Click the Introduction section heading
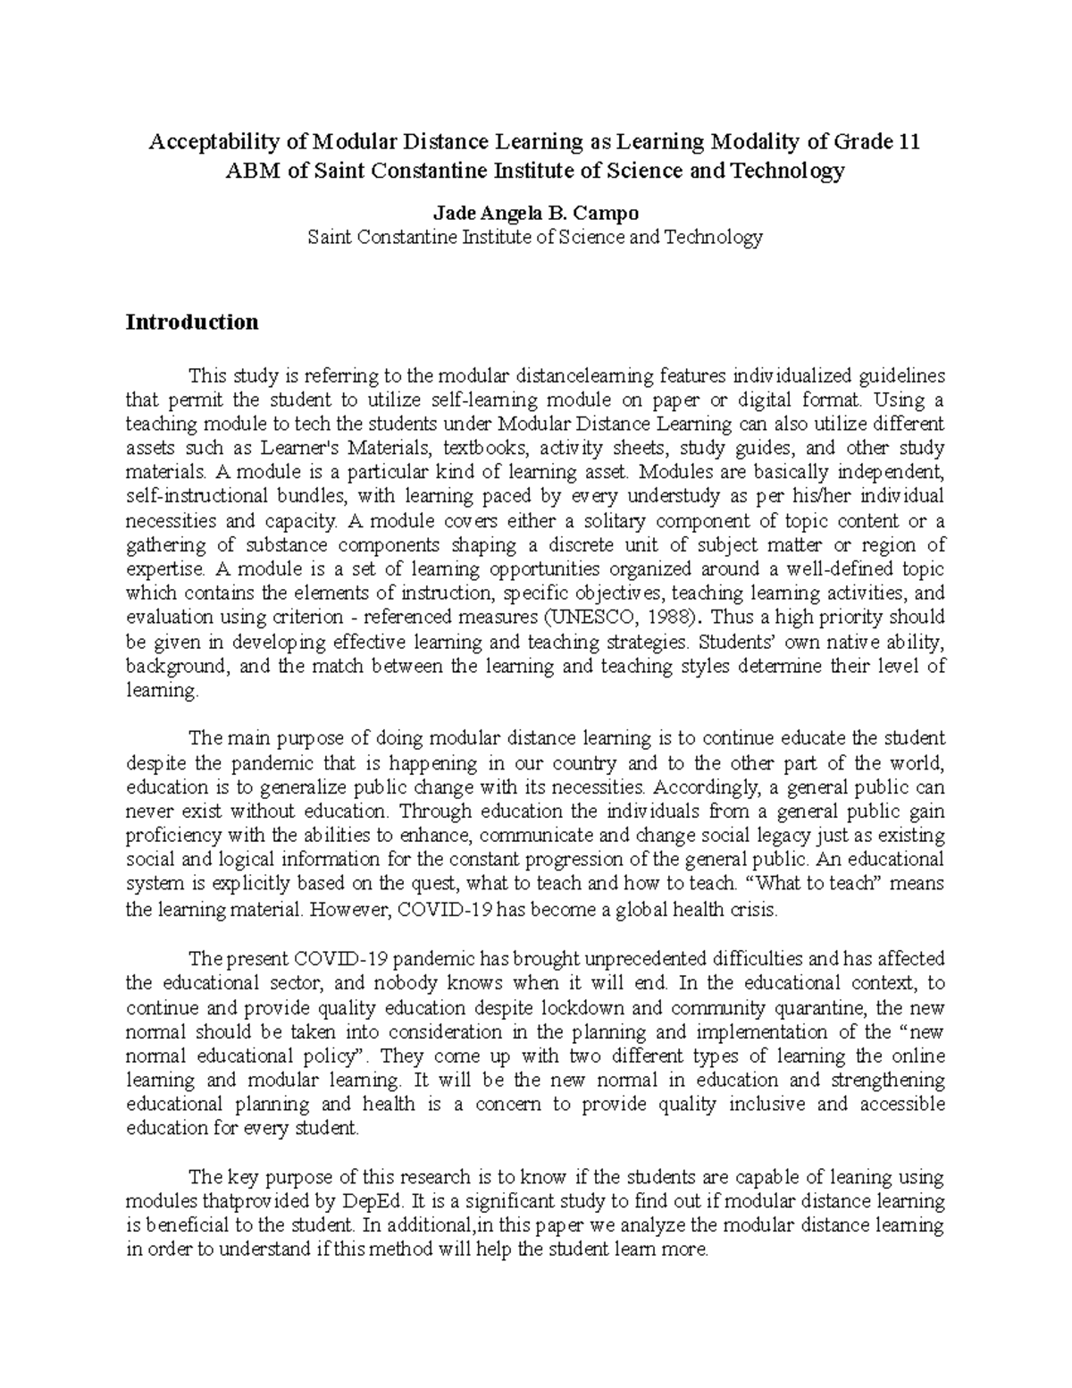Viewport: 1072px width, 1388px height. coord(192,322)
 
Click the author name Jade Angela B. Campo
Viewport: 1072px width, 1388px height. coord(535,214)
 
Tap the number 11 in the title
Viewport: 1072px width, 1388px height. coord(909,142)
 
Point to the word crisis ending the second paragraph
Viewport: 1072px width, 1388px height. coord(753,911)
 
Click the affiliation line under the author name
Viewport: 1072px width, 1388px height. coord(535,238)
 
